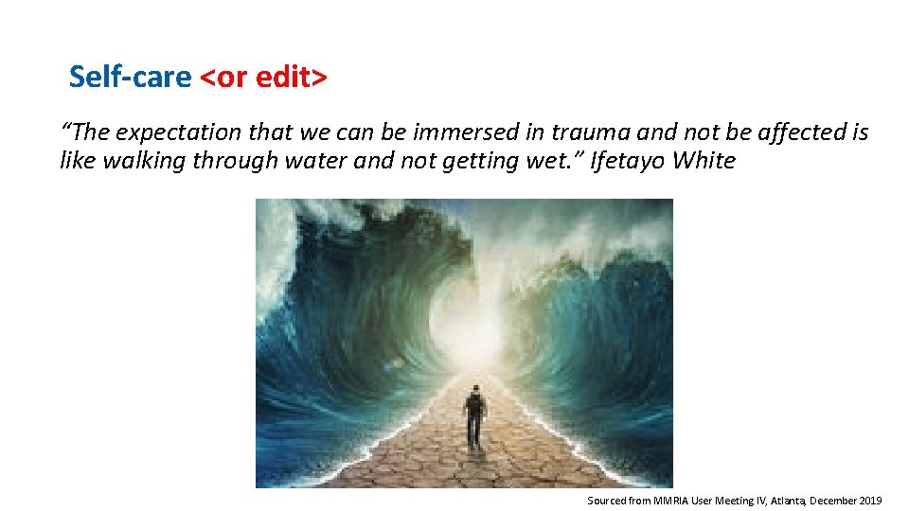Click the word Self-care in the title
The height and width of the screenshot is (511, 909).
point(130,77)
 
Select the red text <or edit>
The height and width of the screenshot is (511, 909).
point(264,77)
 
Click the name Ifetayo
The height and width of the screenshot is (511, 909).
point(627,161)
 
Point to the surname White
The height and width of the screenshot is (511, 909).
point(704,161)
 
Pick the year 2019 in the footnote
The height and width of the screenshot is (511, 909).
point(868,499)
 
